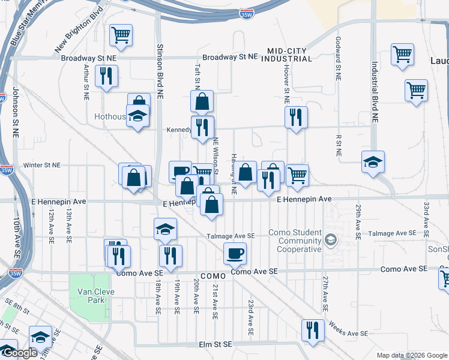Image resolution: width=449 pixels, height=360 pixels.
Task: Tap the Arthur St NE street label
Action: coord(86,82)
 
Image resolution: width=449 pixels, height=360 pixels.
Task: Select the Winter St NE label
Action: coord(42,164)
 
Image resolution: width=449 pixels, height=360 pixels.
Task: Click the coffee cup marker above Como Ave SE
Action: coord(235,253)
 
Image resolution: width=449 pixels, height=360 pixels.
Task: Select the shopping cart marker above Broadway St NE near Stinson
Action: coord(121,35)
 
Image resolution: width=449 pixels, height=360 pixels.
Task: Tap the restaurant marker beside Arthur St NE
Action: coord(106,76)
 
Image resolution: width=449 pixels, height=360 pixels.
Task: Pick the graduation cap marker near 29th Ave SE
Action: coord(373,162)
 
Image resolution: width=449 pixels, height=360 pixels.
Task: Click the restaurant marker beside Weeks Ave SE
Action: coord(313,330)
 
